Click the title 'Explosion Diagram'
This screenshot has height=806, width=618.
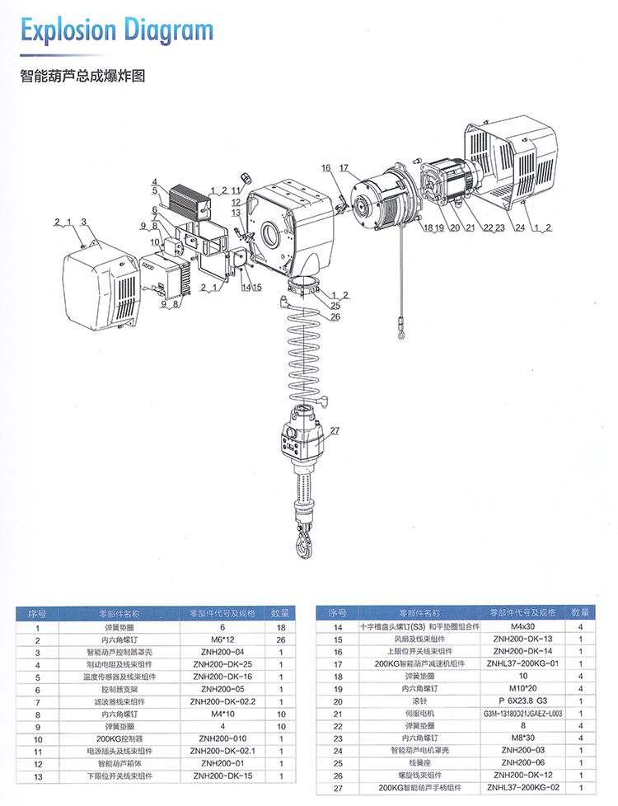point(116,31)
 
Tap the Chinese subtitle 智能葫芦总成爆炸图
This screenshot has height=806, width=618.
point(82,77)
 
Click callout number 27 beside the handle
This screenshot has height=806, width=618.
point(335,431)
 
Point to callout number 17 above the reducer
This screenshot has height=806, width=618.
point(344,168)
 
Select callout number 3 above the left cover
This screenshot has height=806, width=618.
point(83,223)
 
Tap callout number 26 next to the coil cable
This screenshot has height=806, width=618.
point(335,316)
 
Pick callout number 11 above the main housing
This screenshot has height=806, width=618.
point(235,190)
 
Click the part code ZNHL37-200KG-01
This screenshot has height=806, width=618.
point(525,664)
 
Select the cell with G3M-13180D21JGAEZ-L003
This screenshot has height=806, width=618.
point(525,714)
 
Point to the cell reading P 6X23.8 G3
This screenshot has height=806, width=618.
point(525,701)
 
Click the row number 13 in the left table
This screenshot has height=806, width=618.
point(37,776)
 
